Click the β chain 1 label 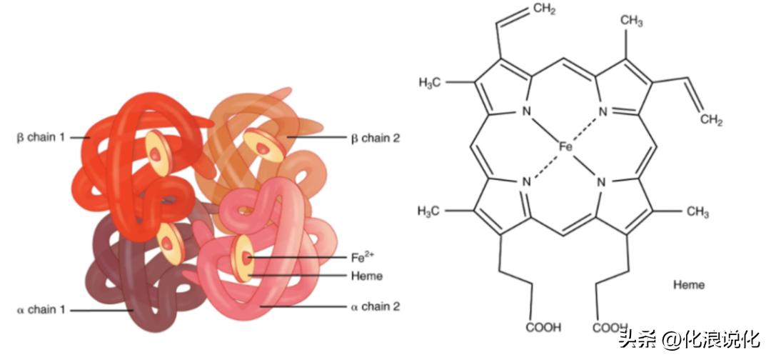(44, 136)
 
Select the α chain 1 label (41, 310)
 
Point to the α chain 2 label (375, 306)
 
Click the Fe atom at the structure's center (565, 146)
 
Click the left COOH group (543, 328)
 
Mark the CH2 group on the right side (710, 120)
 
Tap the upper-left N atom (527, 111)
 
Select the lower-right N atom (600, 181)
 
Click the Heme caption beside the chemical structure (688, 285)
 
